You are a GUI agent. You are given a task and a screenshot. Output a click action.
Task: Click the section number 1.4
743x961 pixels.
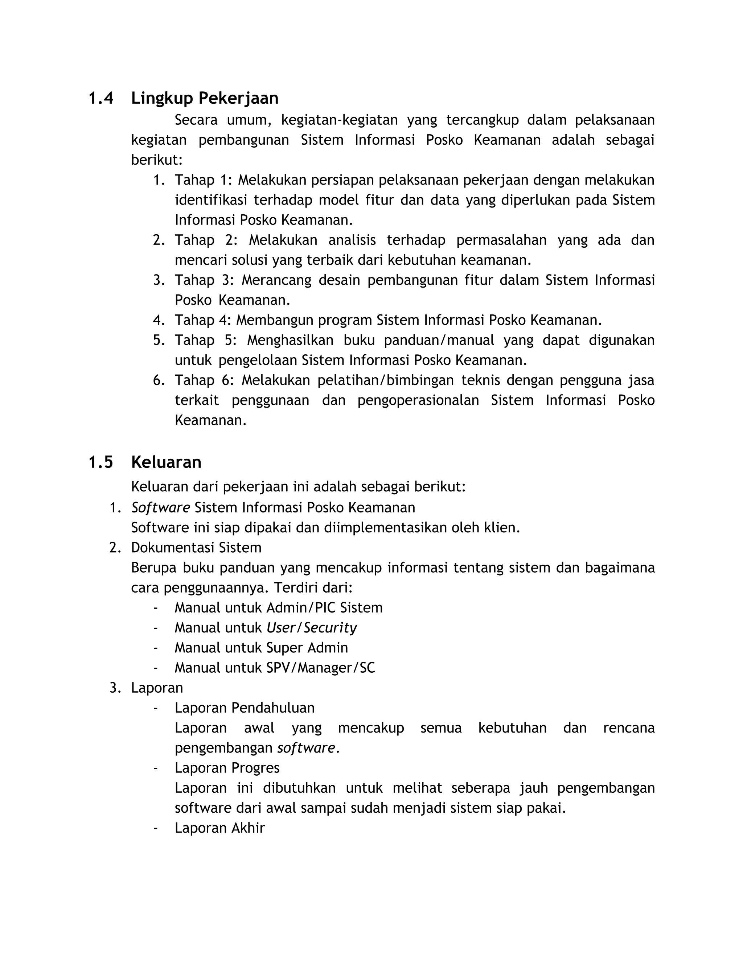point(101,98)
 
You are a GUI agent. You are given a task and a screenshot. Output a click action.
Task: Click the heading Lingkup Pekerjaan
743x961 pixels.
point(205,98)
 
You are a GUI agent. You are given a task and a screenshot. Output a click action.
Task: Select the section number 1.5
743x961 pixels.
point(101,462)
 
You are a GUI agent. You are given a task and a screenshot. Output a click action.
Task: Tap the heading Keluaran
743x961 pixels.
point(167,462)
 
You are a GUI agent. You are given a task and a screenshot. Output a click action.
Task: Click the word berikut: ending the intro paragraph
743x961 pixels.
point(157,160)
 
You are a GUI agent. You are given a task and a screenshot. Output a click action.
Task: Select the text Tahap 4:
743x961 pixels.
point(202,320)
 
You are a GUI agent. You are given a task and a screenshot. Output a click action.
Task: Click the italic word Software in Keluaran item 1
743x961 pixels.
point(161,508)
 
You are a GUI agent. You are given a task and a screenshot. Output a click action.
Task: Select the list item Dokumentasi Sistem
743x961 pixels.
point(196,548)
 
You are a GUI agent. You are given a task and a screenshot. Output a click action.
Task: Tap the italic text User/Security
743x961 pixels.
point(312,628)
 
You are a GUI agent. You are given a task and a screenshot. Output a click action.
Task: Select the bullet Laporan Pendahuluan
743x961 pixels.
point(245,708)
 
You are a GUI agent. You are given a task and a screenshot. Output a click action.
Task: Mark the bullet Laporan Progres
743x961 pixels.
point(227,768)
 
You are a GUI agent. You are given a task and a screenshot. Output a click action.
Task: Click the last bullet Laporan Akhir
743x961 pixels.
point(219,828)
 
